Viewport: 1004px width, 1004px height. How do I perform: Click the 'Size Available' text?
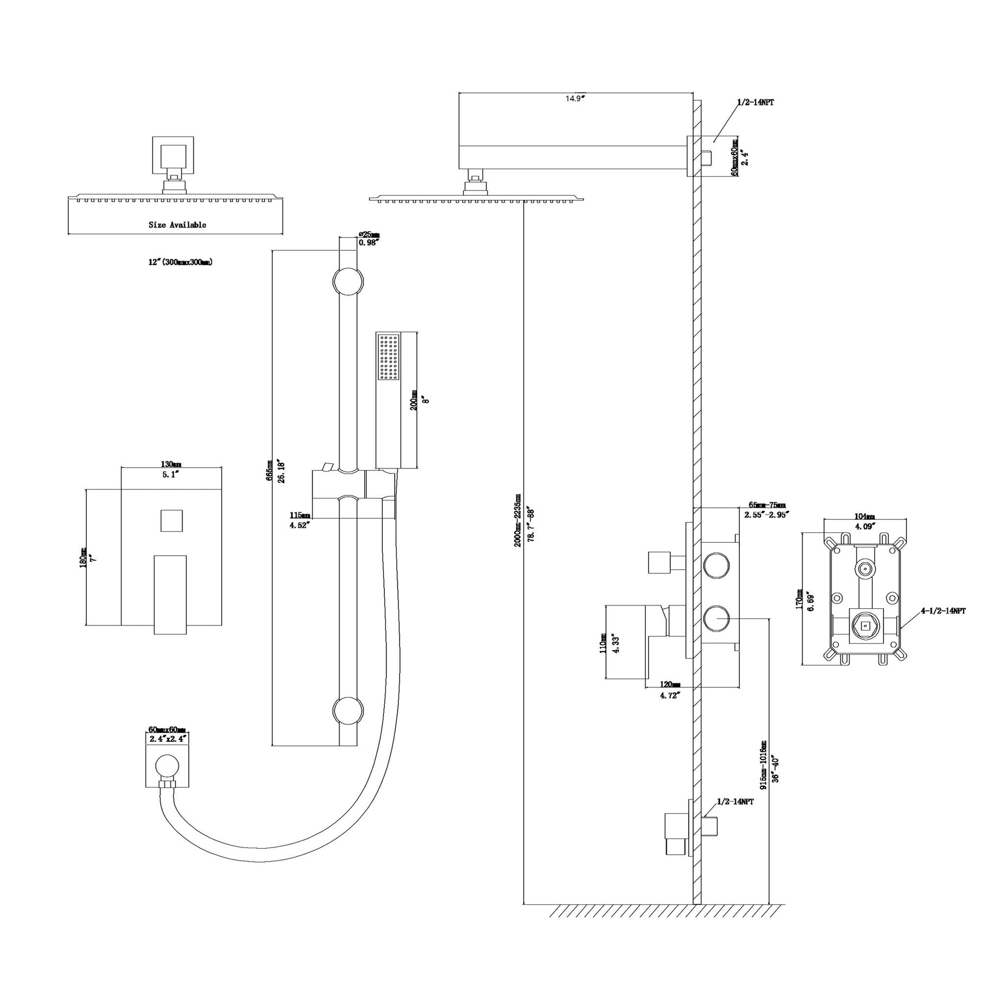[177, 225]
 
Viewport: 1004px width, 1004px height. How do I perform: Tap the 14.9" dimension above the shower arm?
[575, 98]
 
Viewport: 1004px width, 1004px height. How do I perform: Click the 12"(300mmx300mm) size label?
[181, 263]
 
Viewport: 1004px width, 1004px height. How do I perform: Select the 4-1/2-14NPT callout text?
[943, 611]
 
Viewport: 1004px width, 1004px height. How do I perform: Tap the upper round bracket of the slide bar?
[348, 282]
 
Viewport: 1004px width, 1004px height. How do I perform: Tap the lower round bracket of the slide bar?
[348, 710]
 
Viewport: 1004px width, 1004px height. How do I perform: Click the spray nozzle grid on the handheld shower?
[389, 357]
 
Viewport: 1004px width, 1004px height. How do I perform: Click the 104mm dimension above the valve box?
[865, 516]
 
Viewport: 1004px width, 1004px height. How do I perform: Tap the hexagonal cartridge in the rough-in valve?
[865, 626]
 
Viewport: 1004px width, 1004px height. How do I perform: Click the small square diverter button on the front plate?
[171, 520]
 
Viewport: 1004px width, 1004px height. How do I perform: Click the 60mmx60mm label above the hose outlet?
[167, 730]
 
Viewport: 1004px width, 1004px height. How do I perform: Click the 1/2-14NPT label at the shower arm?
[755, 103]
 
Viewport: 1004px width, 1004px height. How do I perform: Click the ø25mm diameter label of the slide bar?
[369, 234]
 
